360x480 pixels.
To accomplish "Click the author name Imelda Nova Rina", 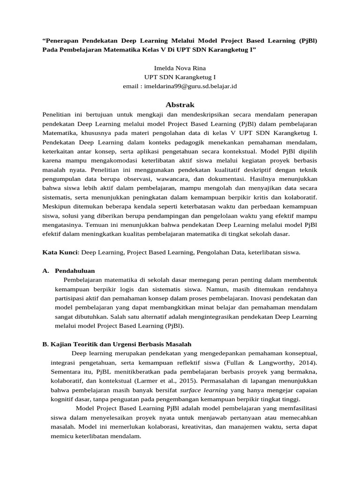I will [x=180, y=68].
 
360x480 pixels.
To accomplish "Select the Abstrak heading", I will [x=180, y=105].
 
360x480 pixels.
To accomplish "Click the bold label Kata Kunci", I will [x=61, y=252].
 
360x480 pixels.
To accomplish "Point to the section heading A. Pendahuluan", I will [x=68, y=271].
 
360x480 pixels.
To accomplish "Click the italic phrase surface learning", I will [x=204, y=390].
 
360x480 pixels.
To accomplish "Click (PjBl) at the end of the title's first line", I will [x=307, y=40].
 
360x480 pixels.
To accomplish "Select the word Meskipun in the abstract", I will [x=57, y=206].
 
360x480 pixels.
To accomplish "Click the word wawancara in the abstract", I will [x=156, y=179].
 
